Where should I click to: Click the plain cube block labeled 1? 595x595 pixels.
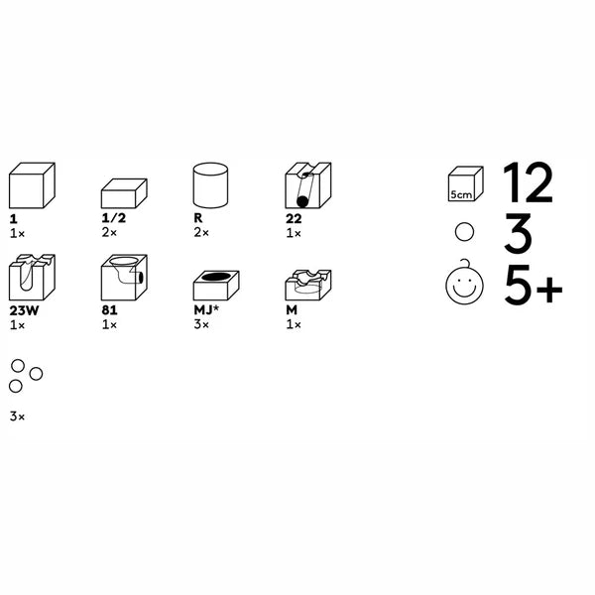click(x=32, y=185)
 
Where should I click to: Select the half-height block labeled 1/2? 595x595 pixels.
click(x=124, y=193)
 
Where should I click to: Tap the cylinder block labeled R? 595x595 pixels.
click(x=210, y=185)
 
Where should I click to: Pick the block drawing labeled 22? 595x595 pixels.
click(x=308, y=185)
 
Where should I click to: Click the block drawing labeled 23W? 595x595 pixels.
click(x=32, y=278)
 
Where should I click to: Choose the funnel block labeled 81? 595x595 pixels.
click(x=124, y=278)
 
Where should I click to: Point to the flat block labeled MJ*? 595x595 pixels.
click(x=216, y=286)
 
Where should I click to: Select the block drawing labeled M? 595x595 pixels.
click(x=308, y=285)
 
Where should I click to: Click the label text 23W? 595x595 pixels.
click(x=24, y=310)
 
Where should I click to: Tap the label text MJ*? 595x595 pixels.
click(x=206, y=310)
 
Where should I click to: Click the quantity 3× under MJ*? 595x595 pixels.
click(x=201, y=325)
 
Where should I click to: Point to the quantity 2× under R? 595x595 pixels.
click(x=201, y=233)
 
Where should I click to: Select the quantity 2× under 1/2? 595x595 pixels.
click(x=109, y=233)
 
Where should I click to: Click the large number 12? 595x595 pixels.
click(x=528, y=183)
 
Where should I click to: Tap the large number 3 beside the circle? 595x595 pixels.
click(x=518, y=233)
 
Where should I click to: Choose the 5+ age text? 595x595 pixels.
click(x=534, y=285)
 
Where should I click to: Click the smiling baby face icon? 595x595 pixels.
click(x=464, y=283)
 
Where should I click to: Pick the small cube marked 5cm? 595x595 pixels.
click(x=466, y=183)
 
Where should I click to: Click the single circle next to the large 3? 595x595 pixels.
click(x=464, y=231)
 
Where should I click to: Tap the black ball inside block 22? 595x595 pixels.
click(x=302, y=202)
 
